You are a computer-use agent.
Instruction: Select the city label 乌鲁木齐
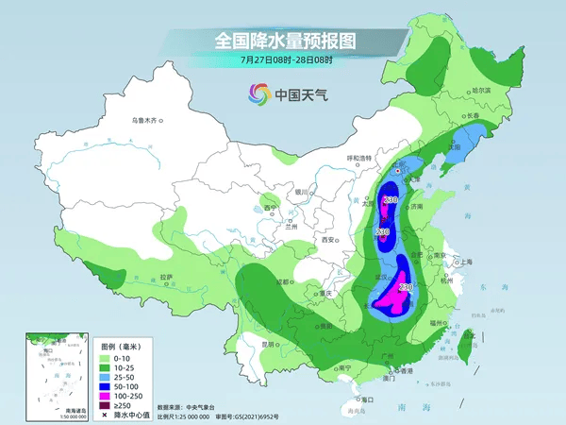point(146,121)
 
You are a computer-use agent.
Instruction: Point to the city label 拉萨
point(167,278)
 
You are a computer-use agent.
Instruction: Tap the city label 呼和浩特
point(362,158)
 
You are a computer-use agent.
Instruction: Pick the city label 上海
point(464,262)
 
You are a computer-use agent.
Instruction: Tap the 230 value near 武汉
point(406,286)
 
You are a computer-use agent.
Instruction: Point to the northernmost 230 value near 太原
point(390,199)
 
